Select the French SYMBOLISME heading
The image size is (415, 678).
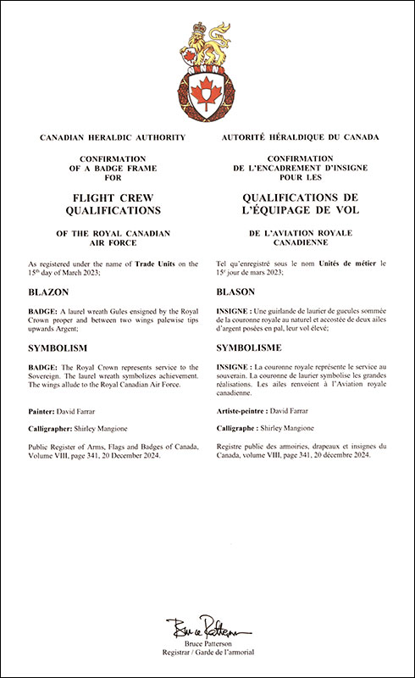(x=256, y=348)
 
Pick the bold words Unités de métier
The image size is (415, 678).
(x=328, y=264)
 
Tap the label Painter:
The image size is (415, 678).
(x=44, y=409)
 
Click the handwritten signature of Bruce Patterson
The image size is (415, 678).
(x=207, y=628)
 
